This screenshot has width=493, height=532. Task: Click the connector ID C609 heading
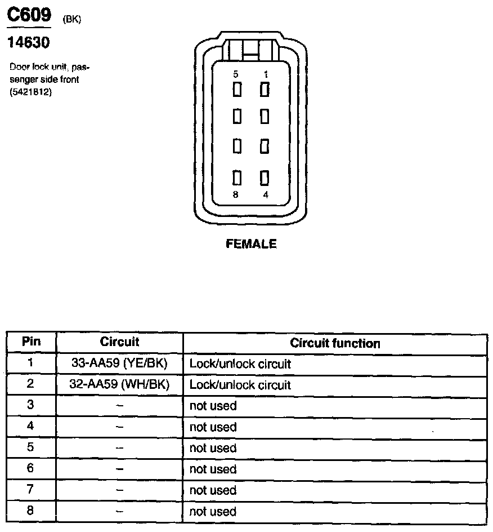[28, 15]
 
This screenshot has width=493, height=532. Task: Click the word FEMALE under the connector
[251, 244]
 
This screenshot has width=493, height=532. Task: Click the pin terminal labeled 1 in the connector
[264, 89]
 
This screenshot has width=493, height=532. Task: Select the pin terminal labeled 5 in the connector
[237, 89]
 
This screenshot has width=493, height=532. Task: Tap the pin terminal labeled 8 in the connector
[237, 178]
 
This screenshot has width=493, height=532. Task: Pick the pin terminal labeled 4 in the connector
[264, 178]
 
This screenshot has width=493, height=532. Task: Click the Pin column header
[32, 342]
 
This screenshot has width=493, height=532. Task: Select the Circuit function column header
[335, 343]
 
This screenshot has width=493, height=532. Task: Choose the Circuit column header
[119, 342]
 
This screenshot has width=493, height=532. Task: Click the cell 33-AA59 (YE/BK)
[119, 363]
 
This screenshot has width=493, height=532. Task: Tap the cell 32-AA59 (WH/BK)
[119, 384]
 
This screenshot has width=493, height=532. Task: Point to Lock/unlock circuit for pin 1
[240, 364]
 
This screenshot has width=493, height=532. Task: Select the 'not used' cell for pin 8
[213, 512]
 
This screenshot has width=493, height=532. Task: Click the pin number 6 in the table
[31, 469]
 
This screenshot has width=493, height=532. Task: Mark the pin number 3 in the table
[31, 406]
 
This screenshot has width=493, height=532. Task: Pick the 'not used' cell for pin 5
[213, 448]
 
